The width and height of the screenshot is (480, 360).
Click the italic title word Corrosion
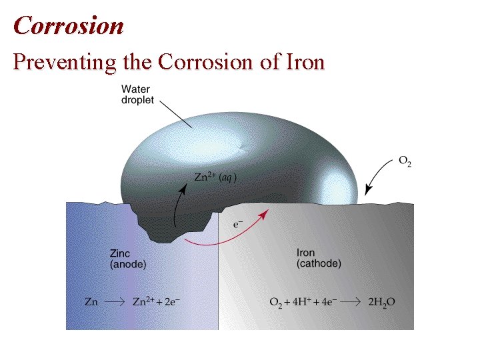pos(68,25)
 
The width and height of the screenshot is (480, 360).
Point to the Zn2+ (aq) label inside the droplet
pos(215,177)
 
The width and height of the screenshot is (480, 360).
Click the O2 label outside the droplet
pos(405,161)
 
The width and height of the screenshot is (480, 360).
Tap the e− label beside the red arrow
pos(237,225)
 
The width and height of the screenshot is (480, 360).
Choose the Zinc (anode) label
pos(127,259)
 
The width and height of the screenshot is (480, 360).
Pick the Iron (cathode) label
pos(318,259)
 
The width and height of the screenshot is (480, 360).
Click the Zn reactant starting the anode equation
pos(91,302)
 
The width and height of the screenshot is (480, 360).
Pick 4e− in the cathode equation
pos(328,302)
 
